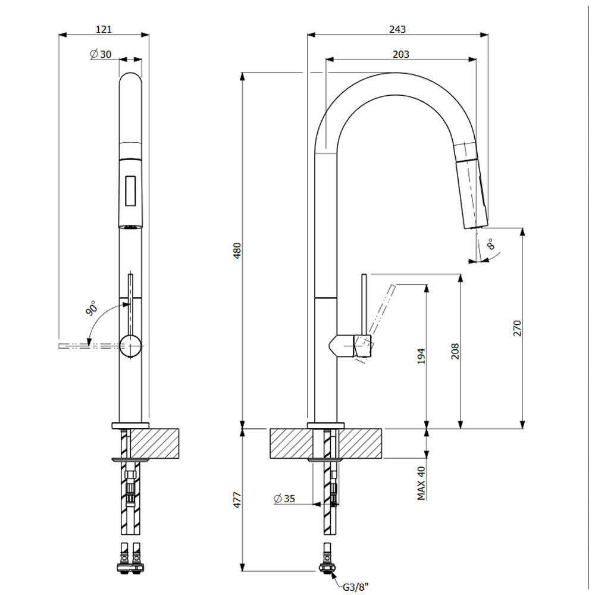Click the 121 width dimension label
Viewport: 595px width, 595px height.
point(104,29)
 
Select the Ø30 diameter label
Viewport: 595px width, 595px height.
point(101,54)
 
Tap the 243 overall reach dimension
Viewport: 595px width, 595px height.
point(397,29)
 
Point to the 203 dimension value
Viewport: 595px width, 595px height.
point(400,54)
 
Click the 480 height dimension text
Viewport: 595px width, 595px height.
point(237,250)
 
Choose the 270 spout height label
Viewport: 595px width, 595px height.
point(517,328)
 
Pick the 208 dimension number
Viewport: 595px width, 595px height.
point(455,351)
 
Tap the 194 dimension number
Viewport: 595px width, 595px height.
point(421,356)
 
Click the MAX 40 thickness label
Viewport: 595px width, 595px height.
point(421,483)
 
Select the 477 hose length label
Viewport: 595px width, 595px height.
point(237,500)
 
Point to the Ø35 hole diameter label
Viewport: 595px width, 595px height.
point(284,498)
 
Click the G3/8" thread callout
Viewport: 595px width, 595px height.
point(356,587)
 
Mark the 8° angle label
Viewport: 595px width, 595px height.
point(491,244)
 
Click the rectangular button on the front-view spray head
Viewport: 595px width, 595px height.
point(130,191)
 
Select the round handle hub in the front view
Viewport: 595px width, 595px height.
point(131,346)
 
